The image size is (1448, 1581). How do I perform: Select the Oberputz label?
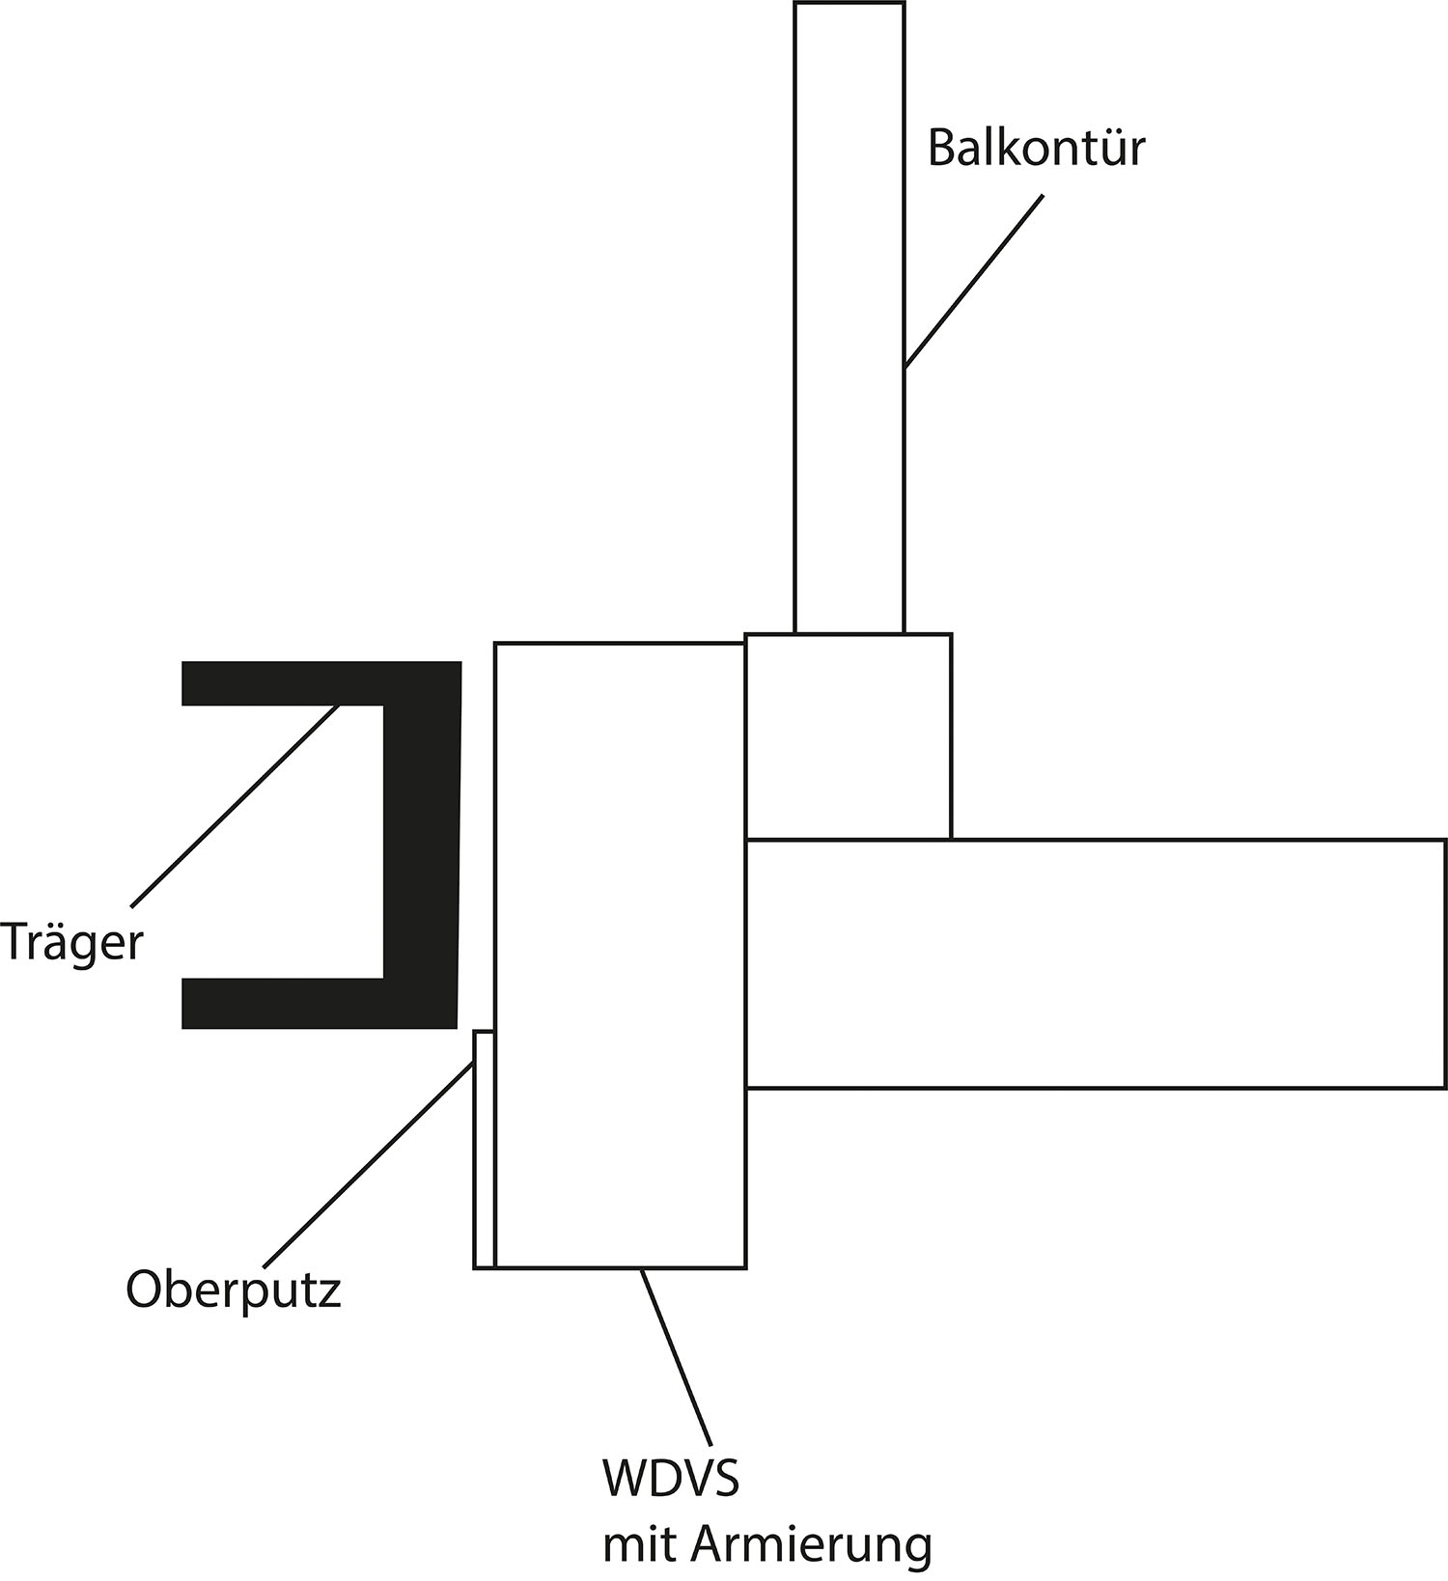point(234,1290)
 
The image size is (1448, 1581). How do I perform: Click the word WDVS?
point(671,1479)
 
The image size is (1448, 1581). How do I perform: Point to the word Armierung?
point(811,1546)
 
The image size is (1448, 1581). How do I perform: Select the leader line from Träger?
point(235,806)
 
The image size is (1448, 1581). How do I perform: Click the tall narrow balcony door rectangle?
point(849,319)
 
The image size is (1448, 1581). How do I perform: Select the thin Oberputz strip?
point(484,1149)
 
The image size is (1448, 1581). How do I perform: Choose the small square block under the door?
point(849,736)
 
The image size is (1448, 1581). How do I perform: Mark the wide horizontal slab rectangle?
point(1096,963)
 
